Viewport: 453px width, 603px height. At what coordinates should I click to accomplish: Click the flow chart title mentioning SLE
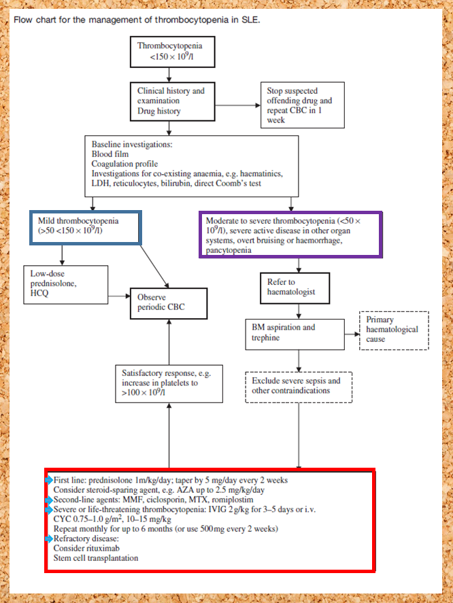tap(136, 19)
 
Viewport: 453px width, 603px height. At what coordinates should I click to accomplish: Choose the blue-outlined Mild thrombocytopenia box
tap(85, 228)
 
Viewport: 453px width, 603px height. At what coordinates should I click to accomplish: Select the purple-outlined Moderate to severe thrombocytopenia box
tap(290, 235)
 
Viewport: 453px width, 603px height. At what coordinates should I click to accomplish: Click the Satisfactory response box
tap(161, 383)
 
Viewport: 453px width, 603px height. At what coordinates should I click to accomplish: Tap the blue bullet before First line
tap(49, 480)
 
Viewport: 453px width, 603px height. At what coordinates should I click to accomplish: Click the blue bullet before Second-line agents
tap(49, 499)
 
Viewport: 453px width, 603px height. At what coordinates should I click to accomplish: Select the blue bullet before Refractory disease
tap(49, 538)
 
